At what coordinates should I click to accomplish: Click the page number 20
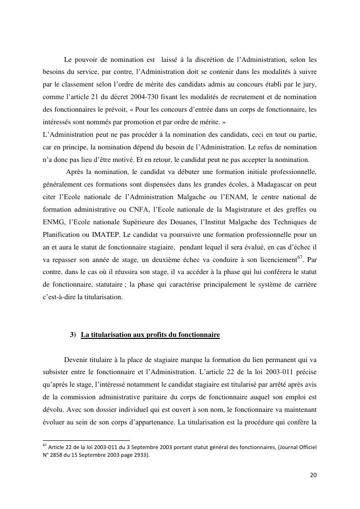coord(313,475)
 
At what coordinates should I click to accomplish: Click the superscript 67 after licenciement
coord(301,257)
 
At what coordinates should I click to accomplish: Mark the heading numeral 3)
coord(73,334)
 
